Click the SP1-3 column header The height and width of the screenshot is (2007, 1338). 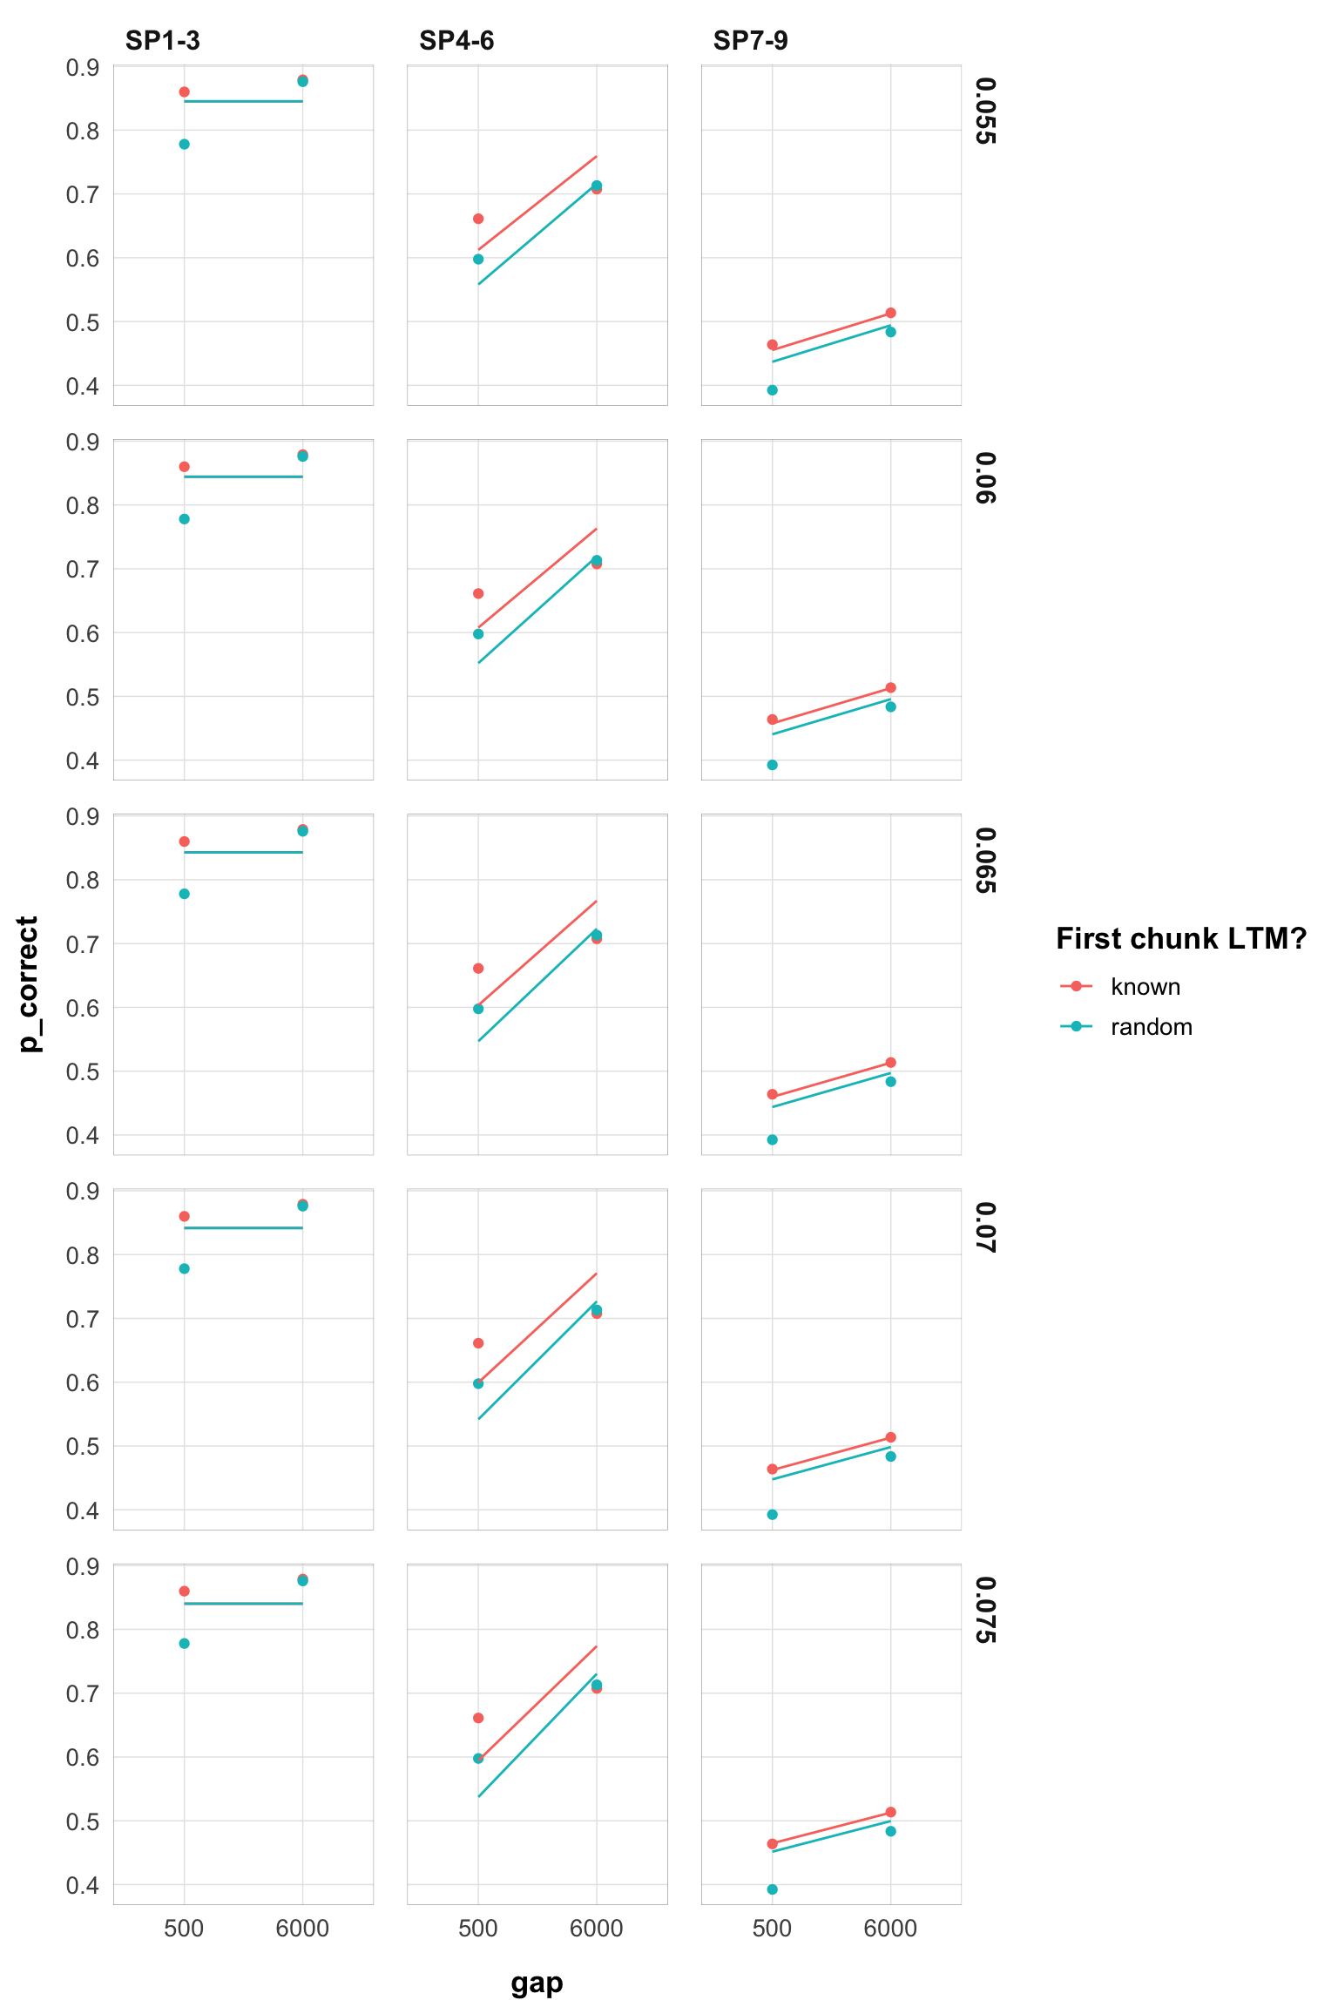(162, 41)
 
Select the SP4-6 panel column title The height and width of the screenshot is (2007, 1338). (456, 41)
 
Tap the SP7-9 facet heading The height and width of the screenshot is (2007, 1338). (750, 41)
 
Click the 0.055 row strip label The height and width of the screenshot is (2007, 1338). (985, 111)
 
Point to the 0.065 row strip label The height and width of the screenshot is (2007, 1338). (985, 861)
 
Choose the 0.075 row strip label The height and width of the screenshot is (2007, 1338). (985, 1610)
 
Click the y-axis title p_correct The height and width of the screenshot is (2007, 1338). (29, 983)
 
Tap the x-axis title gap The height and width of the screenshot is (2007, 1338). (537, 1982)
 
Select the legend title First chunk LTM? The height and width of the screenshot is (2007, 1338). (1180, 938)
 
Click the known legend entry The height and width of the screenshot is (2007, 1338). (1145, 987)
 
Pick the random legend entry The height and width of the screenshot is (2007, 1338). (1151, 1027)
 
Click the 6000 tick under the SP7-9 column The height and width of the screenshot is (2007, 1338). (890, 1929)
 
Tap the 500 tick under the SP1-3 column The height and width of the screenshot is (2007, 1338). (184, 1929)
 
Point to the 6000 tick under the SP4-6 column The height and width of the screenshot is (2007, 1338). (596, 1929)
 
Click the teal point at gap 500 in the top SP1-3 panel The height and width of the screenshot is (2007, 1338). (184, 144)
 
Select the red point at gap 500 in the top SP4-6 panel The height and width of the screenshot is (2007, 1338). (478, 219)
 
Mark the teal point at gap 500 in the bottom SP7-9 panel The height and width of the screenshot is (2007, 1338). (772, 1889)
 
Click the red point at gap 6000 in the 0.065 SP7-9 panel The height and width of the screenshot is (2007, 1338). (890, 1063)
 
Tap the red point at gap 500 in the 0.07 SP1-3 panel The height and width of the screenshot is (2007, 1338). (184, 1216)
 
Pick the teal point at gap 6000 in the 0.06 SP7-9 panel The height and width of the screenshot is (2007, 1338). (890, 706)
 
